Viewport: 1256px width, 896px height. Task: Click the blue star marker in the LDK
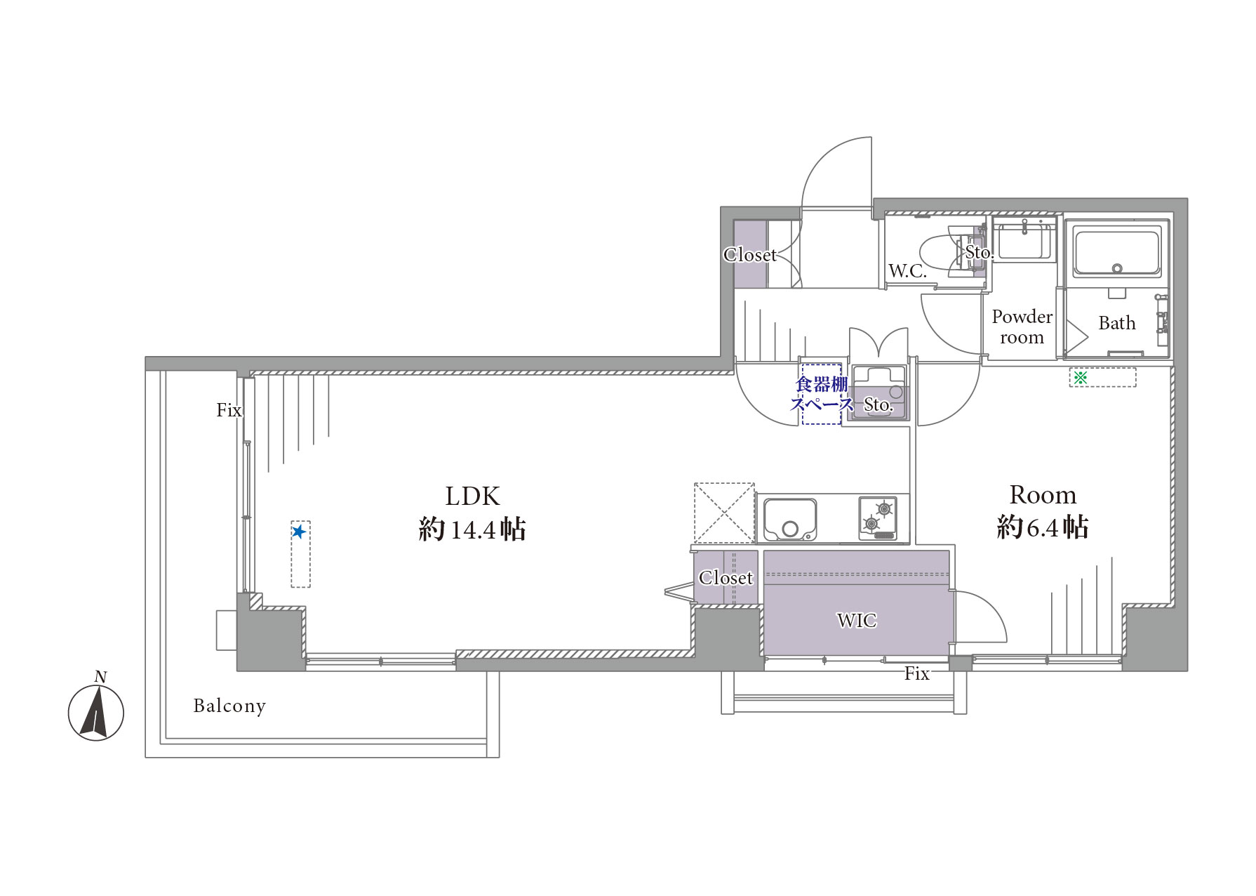point(299,532)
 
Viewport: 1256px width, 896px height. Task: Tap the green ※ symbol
point(1080,378)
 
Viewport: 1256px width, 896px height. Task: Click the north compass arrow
point(95,712)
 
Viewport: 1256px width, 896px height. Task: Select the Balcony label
point(229,706)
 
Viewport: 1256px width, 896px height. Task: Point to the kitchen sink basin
point(790,520)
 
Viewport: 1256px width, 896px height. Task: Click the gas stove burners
point(878,518)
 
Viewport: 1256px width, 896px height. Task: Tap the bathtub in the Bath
point(1116,251)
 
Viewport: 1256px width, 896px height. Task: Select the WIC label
point(856,620)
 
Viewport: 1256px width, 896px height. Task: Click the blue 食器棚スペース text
point(822,394)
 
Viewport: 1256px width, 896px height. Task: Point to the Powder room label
point(1022,327)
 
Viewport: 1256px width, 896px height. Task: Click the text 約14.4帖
point(472,529)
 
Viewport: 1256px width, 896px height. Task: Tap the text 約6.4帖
point(1042,527)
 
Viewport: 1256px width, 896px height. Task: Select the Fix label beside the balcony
point(229,410)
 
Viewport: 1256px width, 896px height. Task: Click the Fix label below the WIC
point(916,674)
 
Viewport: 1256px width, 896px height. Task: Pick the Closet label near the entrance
point(750,255)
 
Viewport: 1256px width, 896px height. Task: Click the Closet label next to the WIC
point(726,578)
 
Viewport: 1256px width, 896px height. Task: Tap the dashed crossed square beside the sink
point(724,513)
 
